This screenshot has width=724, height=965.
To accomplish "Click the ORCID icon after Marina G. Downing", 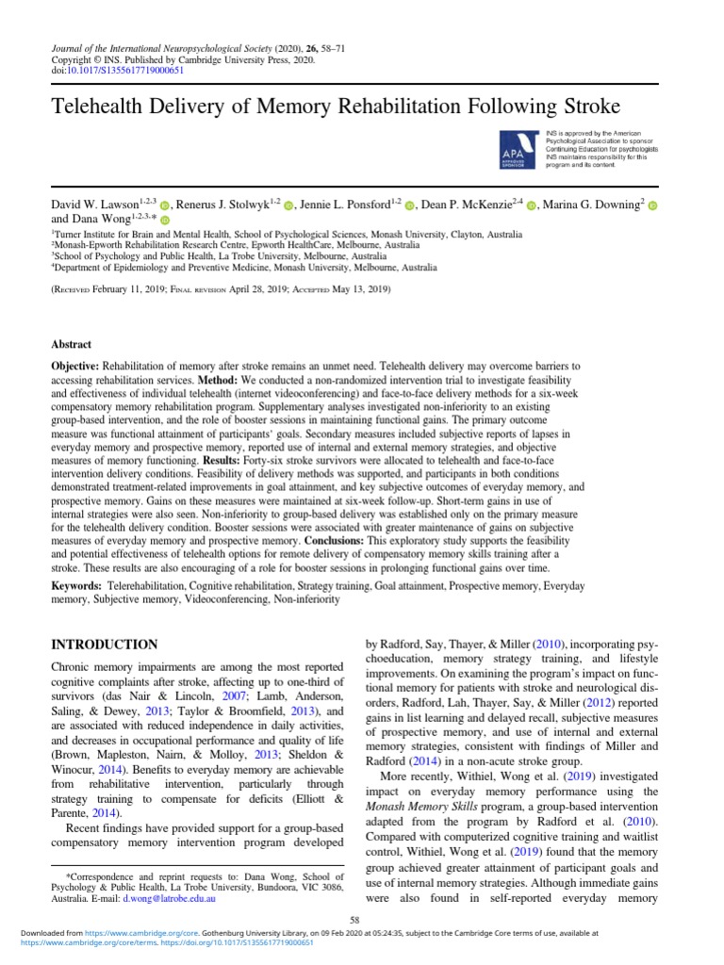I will pos(651,205).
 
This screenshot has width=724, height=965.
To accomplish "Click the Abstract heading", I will pos(72,345).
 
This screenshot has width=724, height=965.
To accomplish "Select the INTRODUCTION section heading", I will pos(104,645).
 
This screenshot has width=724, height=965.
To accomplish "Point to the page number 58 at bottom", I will pos(354,919).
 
